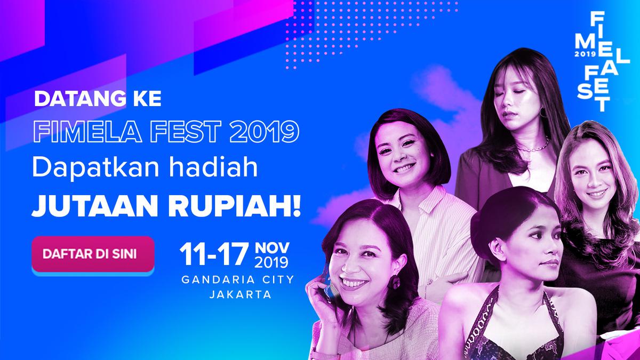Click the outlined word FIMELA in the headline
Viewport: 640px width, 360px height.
coord(78,131)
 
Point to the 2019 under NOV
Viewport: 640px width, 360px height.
coord(271,263)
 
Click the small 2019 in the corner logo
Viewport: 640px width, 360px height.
coord(585,54)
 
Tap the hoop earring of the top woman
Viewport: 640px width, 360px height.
coord(542,113)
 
